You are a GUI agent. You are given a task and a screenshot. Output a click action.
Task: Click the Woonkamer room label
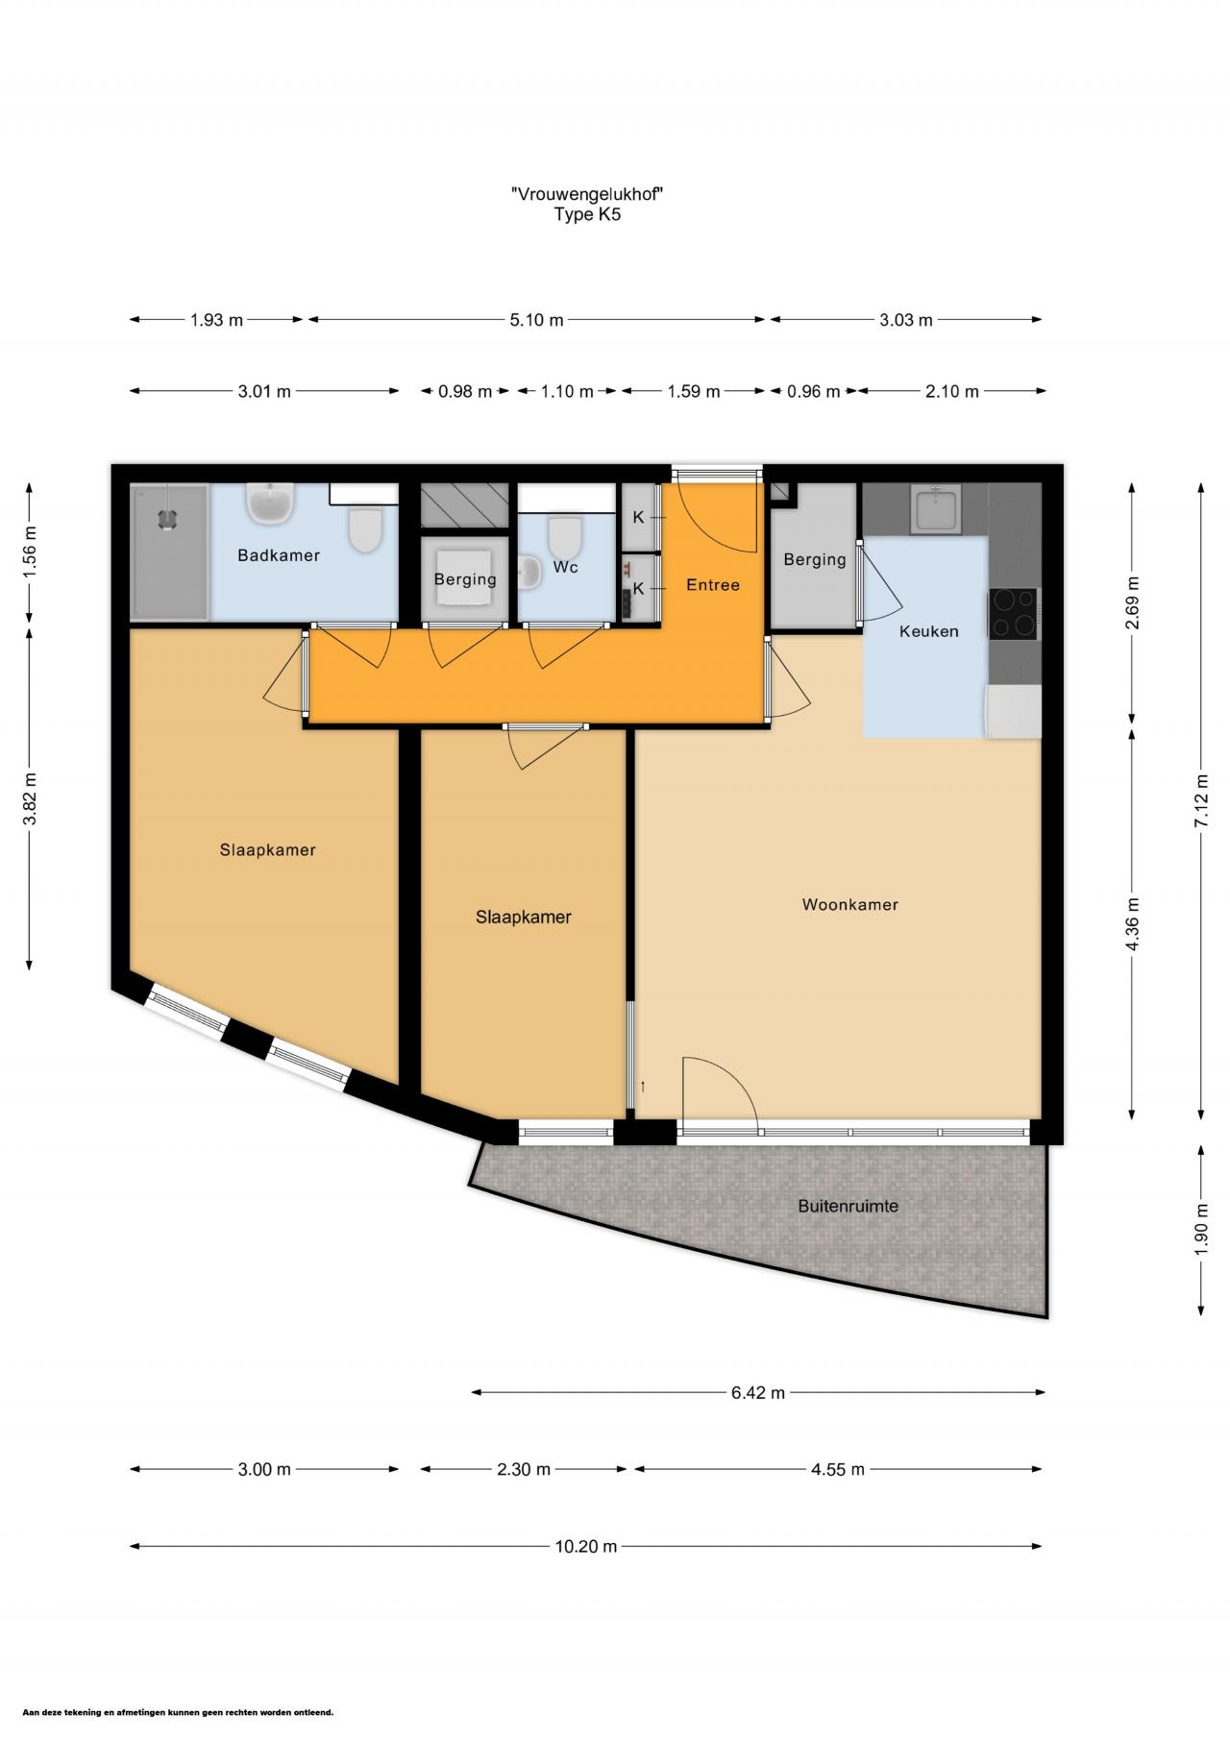[x=849, y=904]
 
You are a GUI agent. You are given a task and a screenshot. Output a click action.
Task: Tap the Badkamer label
[x=279, y=555]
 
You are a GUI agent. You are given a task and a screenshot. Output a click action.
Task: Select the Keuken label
[x=928, y=631]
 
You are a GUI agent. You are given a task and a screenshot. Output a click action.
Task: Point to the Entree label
[x=712, y=584]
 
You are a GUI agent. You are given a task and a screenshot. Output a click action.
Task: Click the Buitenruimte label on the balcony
[x=848, y=1206]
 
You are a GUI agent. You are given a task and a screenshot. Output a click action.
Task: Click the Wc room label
[x=565, y=567]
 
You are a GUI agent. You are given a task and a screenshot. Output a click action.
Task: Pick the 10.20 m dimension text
[x=585, y=1546]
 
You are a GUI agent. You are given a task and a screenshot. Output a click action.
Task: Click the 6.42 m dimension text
[x=758, y=1392]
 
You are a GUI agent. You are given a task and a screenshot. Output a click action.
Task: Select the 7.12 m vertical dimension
[x=1200, y=800]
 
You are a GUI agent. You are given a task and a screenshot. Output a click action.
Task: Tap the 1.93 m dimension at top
[x=216, y=320]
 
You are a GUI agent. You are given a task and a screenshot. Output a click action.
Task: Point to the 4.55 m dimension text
[x=837, y=1469]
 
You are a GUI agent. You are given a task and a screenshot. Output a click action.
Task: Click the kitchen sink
[x=935, y=509]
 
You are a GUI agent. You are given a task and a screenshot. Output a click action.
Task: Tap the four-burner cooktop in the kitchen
[x=1014, y=613]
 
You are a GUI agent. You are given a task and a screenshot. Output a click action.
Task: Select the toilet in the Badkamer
[x=365, y=529]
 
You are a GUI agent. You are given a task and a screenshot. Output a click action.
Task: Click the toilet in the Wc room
[x=564, y=535]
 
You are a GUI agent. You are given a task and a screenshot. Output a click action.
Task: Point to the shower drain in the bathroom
[x=168, y=518]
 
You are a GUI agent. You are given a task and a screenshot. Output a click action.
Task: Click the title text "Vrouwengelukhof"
[x=587, y=194]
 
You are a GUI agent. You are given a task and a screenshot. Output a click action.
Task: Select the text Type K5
[x=587, y=214]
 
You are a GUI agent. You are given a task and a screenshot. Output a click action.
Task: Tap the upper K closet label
[x=638, y=518]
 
